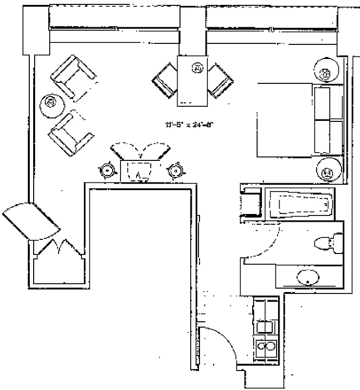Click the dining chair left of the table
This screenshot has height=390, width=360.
[164, 80]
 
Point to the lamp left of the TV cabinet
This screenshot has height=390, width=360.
[106, 170]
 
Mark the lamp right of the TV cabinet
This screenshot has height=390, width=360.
[175, 170]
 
